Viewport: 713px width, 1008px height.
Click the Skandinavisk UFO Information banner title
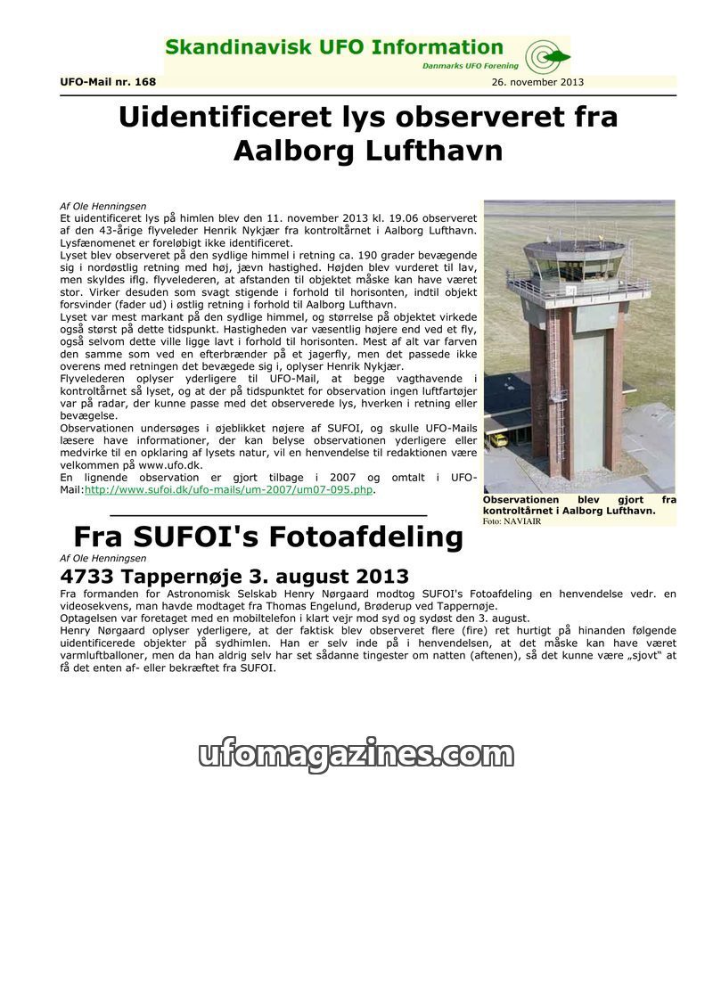pyautogui.click(x=334, y=47)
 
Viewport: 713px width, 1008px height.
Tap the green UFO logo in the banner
pyautogui.click(x=546, y=57)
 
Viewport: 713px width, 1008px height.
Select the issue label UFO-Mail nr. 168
pyautogui.click(x=108, y=82)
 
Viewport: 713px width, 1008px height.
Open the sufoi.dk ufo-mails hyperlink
pyautogui.click(x=229, y=489)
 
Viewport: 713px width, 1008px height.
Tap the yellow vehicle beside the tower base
pyautogui.click(x=498, y=438)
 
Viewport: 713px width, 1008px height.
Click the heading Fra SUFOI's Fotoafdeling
pyautogui.click(x=268, y=537)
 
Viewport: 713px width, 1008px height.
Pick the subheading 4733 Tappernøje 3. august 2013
pyautogui.click(x=234, y=576)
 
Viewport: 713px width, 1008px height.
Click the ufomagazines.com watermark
pyautogui.click(x=356, y=754)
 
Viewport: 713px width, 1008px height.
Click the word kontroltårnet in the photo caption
pyautogui.click(x=518, y=511)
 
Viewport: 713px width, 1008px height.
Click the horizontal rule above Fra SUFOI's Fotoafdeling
pyautogui.click(x=268, y=515)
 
